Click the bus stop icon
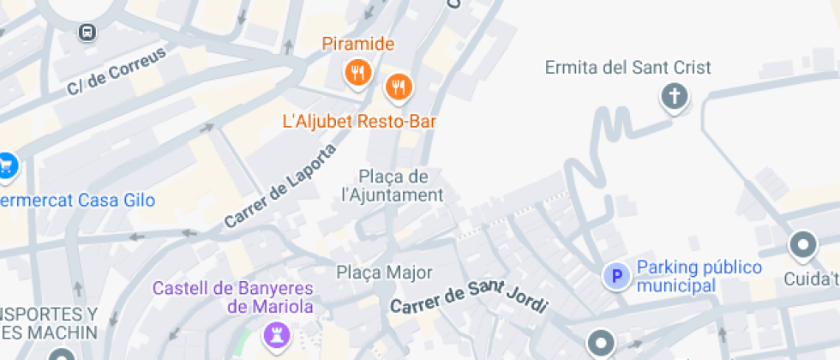point(87,33)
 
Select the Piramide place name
point(358,44)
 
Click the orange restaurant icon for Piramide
point(358,73)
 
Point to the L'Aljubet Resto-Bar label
point(359,122)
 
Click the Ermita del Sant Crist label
point(628,67)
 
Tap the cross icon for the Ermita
point(675,95)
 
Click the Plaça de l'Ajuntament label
point(393,186)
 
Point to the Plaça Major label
point(384,273)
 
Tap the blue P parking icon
point(615,276)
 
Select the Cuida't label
point(811,279)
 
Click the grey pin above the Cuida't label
point(803,245)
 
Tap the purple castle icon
point(277,332)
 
